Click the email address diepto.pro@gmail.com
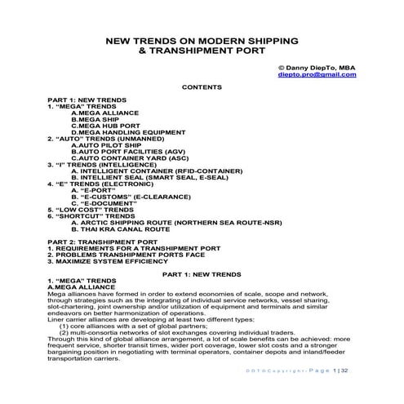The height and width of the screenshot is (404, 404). pos(317,74)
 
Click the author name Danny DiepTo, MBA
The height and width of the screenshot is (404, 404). pos(317,67)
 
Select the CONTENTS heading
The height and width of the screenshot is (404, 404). pos(202,86)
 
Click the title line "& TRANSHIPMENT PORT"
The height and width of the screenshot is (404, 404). pos(202,51)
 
